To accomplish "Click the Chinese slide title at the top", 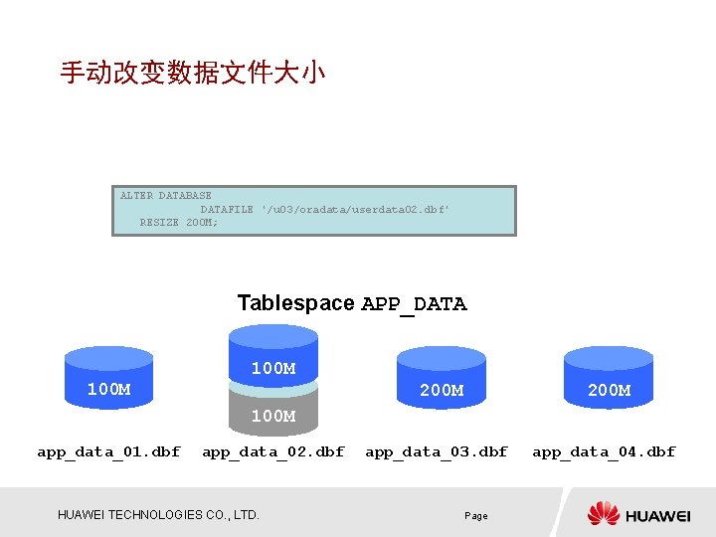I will (x=192, y=73).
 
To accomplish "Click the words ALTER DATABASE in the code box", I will (x=165, y=196).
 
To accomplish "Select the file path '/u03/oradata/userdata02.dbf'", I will (x=355, y=210).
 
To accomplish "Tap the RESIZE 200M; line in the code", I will (x=179, y=223).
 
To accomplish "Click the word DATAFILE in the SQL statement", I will (x=227, y=210).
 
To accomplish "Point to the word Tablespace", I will (x=295, y=303).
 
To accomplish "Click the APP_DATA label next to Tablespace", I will (x=414, y=304).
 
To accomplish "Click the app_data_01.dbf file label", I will (x=108, y=451).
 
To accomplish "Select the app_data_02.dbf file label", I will (x=272, y=451).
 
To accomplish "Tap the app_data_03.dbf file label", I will (x=437, y=451).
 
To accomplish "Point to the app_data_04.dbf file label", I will (x=604, y=451).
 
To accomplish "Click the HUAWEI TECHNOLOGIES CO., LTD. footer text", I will (x=158, y=515).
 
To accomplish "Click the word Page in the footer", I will (x=476, y=516).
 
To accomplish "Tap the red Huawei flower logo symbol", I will (x=603, y=513).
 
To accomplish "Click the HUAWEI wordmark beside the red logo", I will (x=657, y=515).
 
